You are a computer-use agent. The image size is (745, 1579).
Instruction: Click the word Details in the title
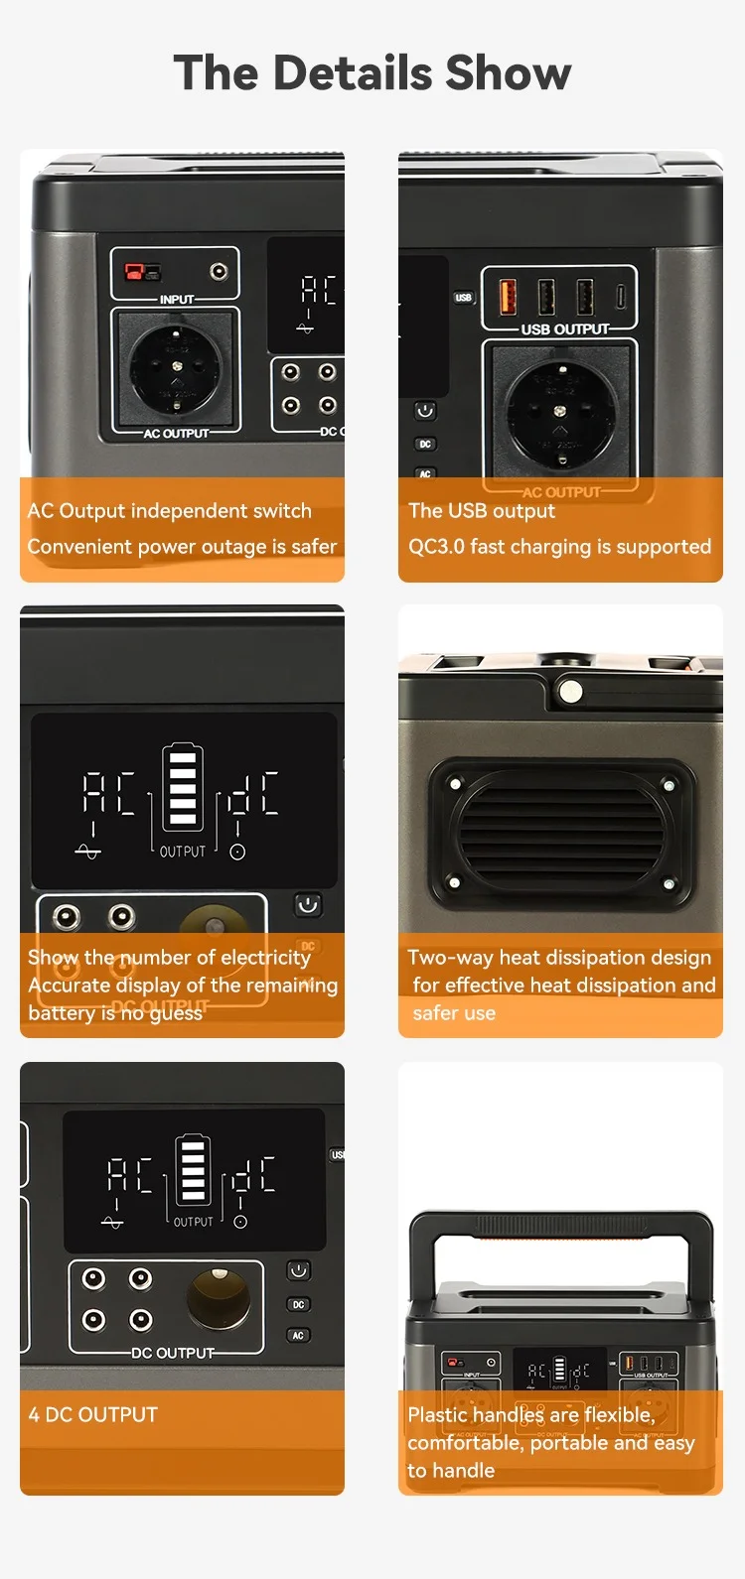point(354,73)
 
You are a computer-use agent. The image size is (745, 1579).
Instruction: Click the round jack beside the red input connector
point(219,272)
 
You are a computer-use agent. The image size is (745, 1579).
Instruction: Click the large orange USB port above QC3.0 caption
point(507,296)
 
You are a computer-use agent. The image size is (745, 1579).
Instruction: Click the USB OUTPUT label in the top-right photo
point(565,329)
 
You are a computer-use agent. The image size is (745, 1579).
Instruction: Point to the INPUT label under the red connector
point(177,300)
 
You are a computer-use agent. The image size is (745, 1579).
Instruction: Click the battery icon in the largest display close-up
point(183,787)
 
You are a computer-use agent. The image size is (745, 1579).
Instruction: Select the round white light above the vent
point(570,690)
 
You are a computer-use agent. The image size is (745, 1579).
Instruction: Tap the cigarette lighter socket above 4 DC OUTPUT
point(219,1298)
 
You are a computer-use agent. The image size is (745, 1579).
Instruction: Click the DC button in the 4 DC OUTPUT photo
point(298,1305)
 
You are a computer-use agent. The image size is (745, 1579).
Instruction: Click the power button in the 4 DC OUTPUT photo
point(298,1271)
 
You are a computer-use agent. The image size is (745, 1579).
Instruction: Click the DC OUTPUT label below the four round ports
point(173,1353)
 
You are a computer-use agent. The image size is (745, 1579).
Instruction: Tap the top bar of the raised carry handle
point(561,1224)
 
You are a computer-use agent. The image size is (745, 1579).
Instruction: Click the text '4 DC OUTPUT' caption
point(93,1414)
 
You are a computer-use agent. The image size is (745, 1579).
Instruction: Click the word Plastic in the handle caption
point(437,1414)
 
